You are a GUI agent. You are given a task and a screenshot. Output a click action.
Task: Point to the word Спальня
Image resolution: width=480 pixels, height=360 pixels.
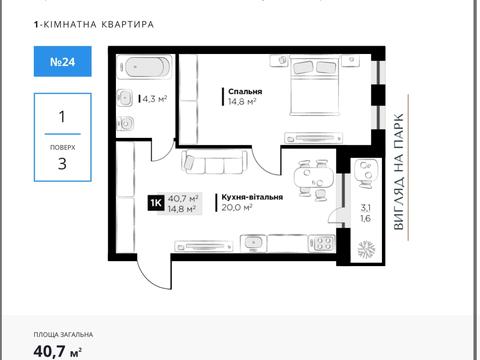pyautogui.click(x=243, y=90)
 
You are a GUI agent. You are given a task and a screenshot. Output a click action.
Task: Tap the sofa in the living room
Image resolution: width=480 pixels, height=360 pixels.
pyautogui.click(x=207, y=162)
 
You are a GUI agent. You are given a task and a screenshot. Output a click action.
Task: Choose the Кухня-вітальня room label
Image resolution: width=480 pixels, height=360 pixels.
pyautogui.click(x=249, y=197)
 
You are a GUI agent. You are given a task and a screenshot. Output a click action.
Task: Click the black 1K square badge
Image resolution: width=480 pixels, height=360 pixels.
pyautogui.click(x=156, y=203)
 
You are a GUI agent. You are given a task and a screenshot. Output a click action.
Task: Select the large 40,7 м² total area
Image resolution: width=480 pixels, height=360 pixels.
pyautogui.click(x=58, y=350)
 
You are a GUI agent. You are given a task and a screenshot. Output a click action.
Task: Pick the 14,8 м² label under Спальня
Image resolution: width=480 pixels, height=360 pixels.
pyautogui.click(x=241, y=101)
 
